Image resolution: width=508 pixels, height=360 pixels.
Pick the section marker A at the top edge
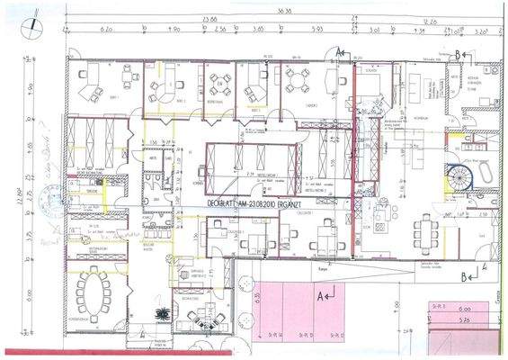click(x=340, y=52)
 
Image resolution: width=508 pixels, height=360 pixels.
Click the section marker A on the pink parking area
click(x=325, y=293)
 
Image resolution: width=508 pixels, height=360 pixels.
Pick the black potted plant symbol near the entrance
click(x=163, y=313)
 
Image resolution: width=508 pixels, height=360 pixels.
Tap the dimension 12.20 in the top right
click(x=430, y=18)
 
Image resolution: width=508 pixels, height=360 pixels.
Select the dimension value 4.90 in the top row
click(x=175, y=29)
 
